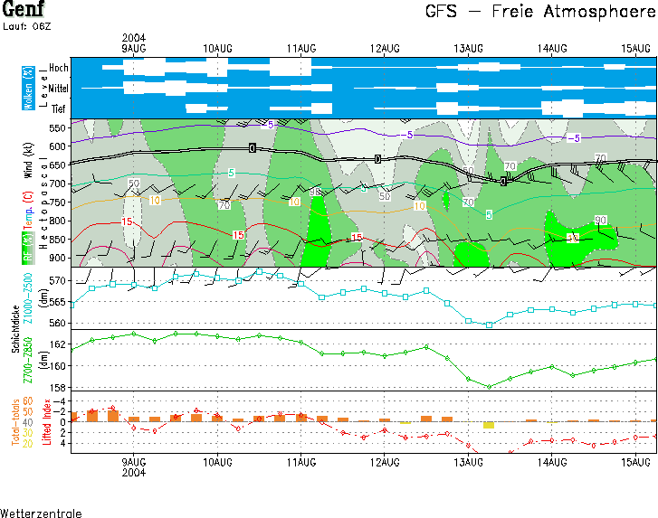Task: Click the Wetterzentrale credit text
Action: tap(41, 513)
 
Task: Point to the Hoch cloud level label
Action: tap(58, 68)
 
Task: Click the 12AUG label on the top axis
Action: tap(385, 47)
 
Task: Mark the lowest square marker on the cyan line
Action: tap(489, 325)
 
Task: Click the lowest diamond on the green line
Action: tap(489, 386)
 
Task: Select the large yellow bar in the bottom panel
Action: tap(488, 425)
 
